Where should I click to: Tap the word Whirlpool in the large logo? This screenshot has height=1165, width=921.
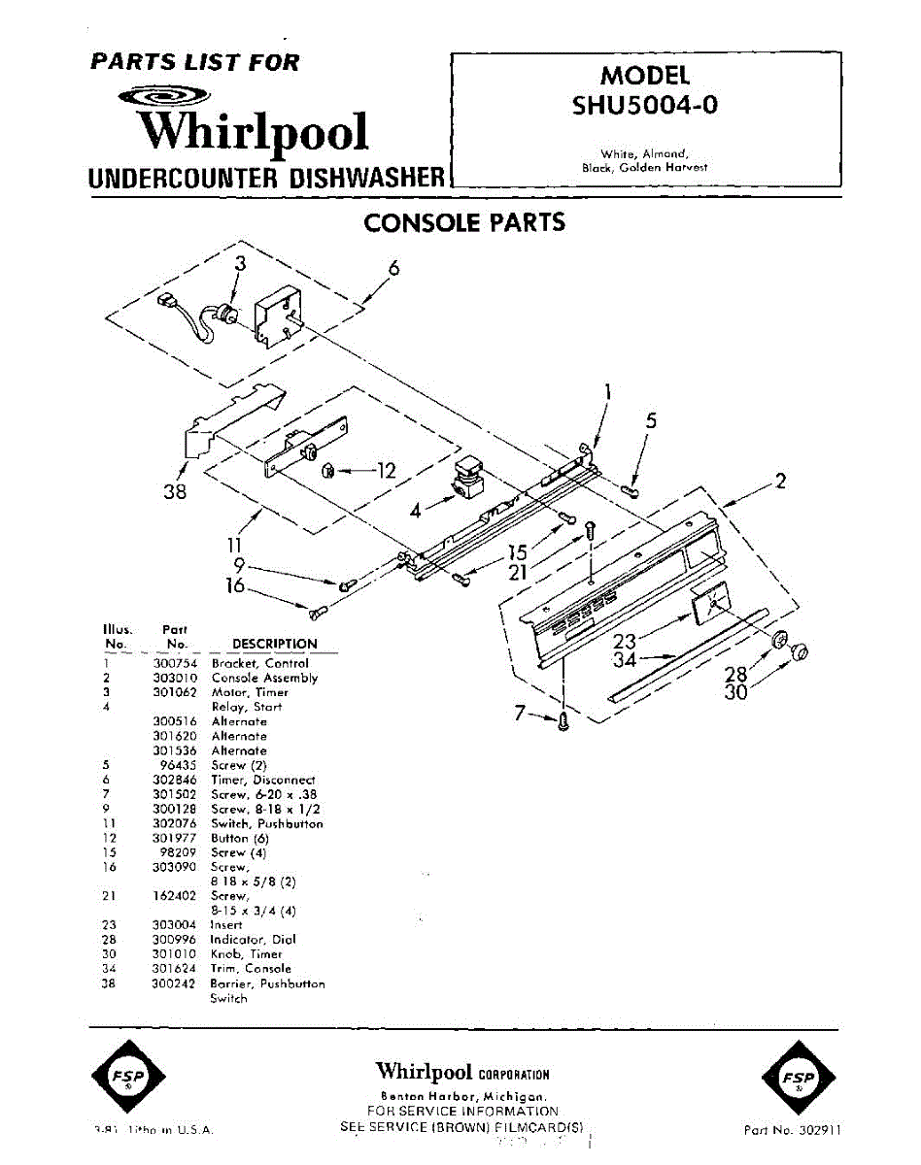click(252, 132)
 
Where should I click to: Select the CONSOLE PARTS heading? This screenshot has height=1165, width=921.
click(464, 222)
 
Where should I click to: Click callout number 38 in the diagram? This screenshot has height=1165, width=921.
click(175, 491)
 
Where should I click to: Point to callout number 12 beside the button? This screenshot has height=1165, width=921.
click(386, 471)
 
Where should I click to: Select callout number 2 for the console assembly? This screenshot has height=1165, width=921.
click(779, 481)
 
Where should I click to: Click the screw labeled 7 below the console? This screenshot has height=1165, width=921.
click(563, 720)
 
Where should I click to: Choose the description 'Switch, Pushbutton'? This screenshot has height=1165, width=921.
click(267, 823)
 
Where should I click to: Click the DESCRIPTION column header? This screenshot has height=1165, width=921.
click(275, 644)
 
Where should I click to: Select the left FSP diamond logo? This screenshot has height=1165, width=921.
click(128, 1079)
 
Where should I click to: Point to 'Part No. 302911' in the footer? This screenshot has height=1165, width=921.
click(793, 1130)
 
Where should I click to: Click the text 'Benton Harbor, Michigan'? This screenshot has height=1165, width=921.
click(462, 1094)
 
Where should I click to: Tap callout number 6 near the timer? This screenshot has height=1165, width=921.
click(393, 269)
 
